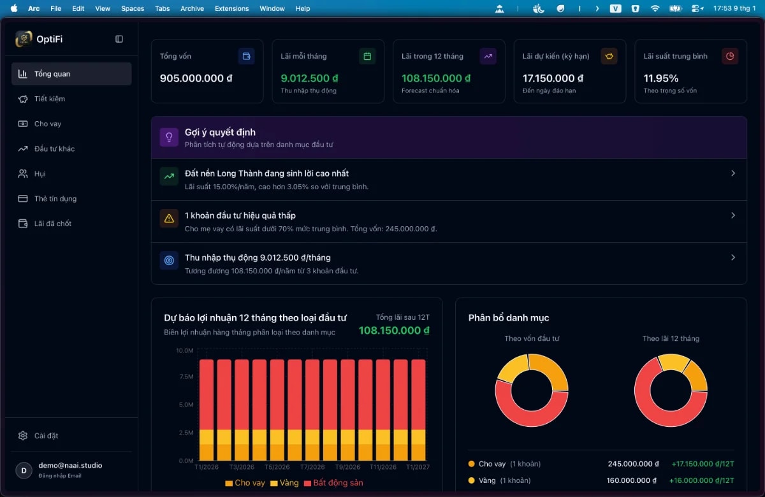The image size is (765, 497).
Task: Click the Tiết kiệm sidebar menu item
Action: [x=50, y=99]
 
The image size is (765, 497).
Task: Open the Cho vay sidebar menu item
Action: [x=48, y=124]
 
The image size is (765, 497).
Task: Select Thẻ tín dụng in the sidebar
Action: [x=55, y=199]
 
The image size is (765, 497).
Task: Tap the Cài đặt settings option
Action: [x=46, y=436]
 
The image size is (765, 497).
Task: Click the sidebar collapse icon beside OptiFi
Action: [x=119, y=39]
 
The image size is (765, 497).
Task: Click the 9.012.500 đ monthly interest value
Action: [x=309, y=78]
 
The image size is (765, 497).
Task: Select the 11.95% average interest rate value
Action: [x=660, y=78]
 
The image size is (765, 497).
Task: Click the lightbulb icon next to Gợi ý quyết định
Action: [x=169, y=137]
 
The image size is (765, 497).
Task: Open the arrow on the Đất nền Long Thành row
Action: [x=733, y=173]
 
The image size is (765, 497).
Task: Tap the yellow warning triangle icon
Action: [x=169, y=219]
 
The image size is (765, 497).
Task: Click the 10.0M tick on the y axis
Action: [x=184, y=350]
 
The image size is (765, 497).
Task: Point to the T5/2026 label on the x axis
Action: [x=277, y=467]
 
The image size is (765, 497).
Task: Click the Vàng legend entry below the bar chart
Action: [x=284, y=483]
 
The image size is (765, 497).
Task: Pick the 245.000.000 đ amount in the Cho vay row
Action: [x=630, y=464]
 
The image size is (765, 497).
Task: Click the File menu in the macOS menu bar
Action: [x=55, y=8]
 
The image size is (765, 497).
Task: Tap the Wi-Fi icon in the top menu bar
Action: [x=655, y=8]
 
